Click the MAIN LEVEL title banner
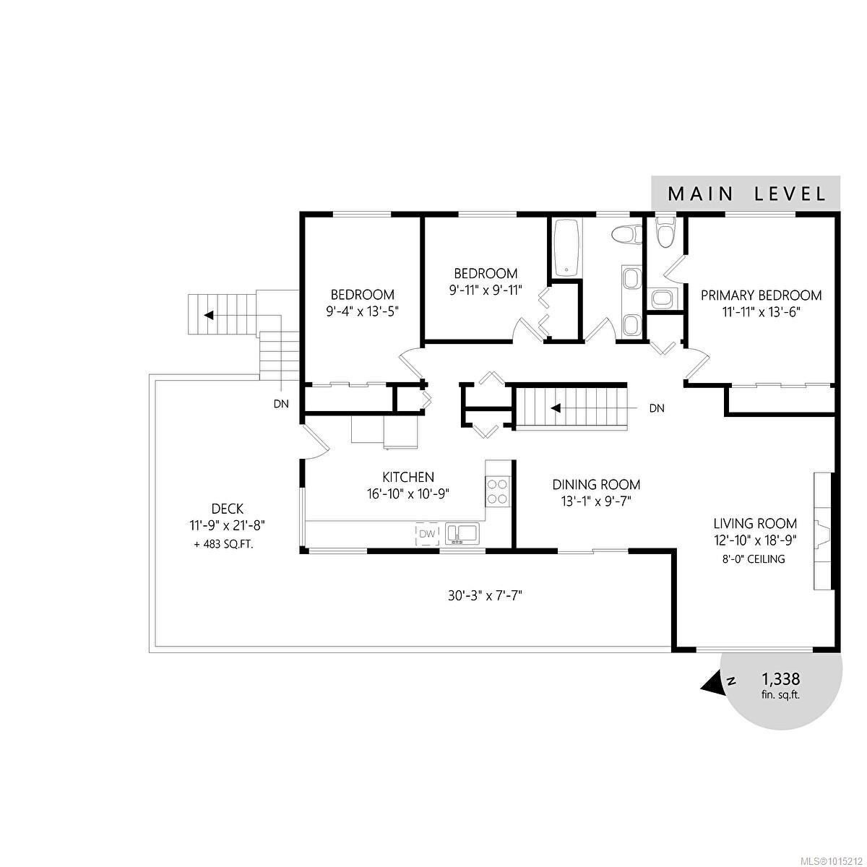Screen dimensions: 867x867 tap(746, 193)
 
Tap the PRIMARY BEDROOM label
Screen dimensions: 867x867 tap(761, 295)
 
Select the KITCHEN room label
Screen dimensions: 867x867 tap(408, 477)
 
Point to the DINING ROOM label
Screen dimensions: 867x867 tap(596, 484)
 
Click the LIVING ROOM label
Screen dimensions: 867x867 tap(755, 523)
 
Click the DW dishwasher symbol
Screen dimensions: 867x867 tap(428, 534)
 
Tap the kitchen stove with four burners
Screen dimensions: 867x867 tap(497, 491)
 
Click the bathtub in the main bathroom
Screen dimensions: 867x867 tap(566, 247)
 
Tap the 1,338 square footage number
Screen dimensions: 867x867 tap(780, 679)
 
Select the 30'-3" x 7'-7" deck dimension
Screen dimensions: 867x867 tap(483, 596)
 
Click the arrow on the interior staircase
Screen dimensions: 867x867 tap(556, 407)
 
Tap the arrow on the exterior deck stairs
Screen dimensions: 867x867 tap(209, 315)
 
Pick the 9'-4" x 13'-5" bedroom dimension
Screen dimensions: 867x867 tap(363, 311)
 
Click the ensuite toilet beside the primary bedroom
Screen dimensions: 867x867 tap(663, 231)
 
